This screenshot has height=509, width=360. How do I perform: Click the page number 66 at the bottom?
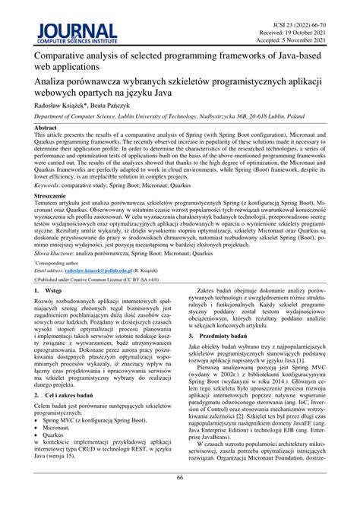pyautogui.click(x=180, y=498)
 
